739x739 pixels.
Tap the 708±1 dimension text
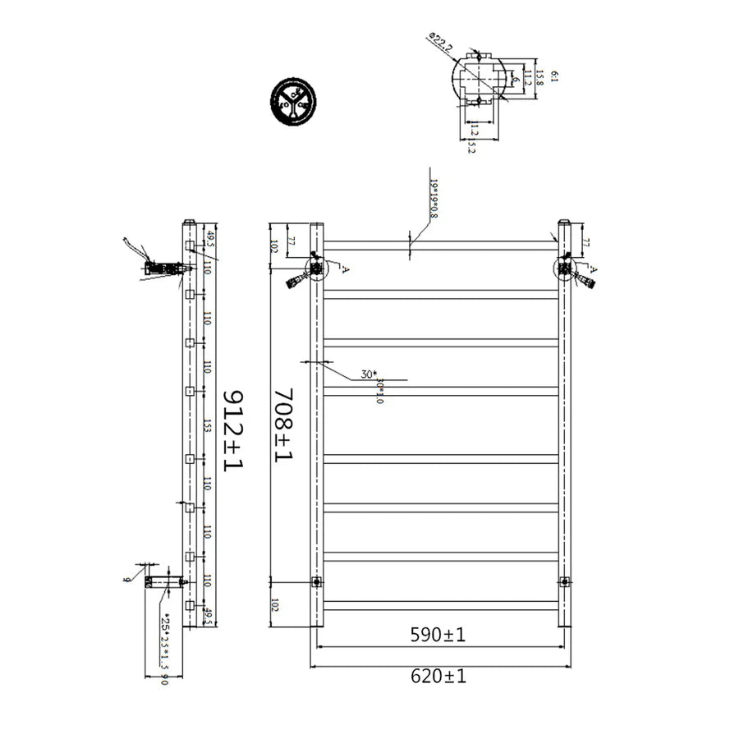(x=282, y=425)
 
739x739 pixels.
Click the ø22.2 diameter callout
(x=439, y=43)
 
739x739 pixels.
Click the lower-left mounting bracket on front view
(x=316, y=582)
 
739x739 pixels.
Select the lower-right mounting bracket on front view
(x=564, y=582)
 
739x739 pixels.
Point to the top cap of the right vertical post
(x=564, y=222)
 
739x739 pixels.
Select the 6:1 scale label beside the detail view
(x=555, y=76)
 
